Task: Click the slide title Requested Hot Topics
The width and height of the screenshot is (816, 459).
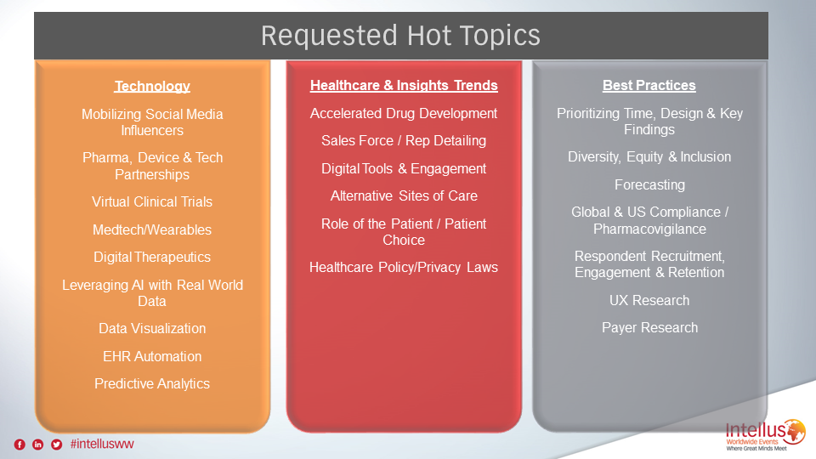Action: (400, 36)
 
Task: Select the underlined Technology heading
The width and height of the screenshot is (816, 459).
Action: (152, 86)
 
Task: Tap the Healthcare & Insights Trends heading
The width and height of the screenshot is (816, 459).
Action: (404, 85)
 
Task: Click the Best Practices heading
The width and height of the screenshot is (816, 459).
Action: (649, 85)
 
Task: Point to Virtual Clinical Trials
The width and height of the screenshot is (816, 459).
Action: (152, 202)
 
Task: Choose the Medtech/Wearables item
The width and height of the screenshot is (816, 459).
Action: (152, 229)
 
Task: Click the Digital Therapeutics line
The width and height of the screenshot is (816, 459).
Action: (152, 257)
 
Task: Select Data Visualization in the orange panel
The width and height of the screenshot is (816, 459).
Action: (152, 328)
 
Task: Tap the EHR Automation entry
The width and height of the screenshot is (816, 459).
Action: (152, 356)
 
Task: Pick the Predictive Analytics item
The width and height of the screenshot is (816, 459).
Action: (152, 384)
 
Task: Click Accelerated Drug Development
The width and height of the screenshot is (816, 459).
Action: (404, 113)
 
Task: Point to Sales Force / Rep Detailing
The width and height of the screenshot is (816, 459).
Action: (404, 141)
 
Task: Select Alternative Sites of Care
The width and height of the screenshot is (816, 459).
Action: (404, 196)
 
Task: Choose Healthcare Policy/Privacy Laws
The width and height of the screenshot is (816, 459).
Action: (404, 268)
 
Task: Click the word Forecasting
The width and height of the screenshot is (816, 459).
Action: (649, 185)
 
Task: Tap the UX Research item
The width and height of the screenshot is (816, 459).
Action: (649, 300)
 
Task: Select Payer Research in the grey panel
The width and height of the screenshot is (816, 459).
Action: (649, 328)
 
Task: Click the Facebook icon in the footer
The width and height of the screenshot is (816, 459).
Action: (20, 445)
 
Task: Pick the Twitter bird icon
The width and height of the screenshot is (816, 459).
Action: (57, 445)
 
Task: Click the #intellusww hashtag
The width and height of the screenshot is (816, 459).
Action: (102, 444)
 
